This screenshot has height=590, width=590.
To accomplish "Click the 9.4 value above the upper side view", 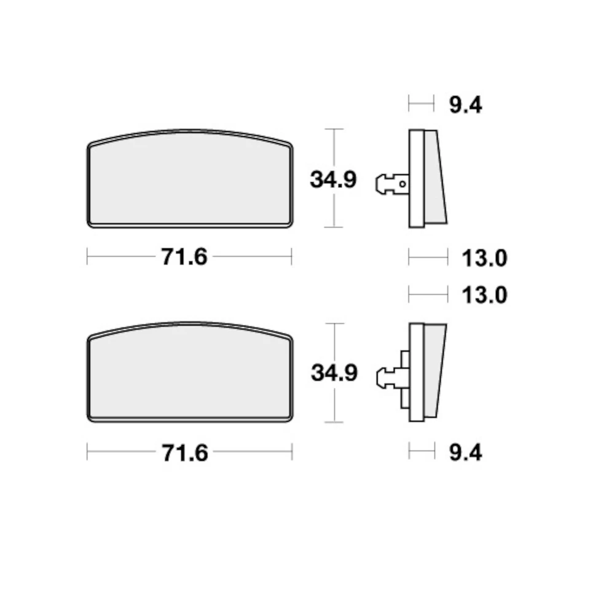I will [465, 105].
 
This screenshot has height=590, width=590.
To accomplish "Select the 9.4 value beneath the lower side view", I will [465, 453].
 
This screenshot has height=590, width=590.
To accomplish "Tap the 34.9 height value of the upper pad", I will [333, 180].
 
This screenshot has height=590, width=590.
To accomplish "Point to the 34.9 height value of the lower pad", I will [334, 373].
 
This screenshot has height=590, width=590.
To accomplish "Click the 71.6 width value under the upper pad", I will [184, 257].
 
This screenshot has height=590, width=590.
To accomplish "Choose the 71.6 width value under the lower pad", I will [184, 454].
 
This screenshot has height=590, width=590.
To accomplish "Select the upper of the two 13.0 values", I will [484, 258].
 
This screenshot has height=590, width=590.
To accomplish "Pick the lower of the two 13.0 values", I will [484, 296].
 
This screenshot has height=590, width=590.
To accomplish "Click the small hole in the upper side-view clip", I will [402, 182].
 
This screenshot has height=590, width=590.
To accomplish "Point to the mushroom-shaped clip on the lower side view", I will [386, 377].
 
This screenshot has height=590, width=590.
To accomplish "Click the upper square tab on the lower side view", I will [404, 360].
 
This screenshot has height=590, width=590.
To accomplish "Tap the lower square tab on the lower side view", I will [404, 399].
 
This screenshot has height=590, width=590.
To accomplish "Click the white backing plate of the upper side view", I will [416, 178].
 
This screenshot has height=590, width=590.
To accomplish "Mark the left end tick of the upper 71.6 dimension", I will [87, 257].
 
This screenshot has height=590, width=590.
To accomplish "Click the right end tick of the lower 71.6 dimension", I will [292, 454].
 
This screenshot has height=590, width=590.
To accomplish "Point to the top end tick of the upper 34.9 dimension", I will [333, 129].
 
